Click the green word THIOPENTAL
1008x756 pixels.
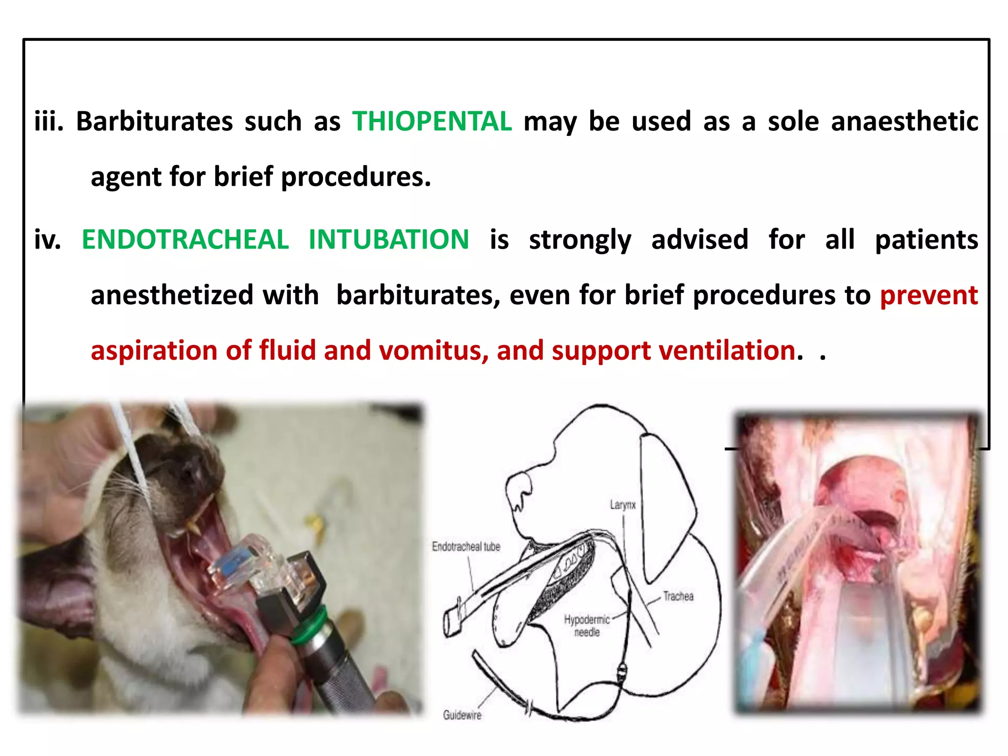[432, 121]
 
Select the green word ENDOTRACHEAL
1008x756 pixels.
[185, 240]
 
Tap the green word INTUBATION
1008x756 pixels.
[388, 240]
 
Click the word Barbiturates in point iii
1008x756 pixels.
[154, 121]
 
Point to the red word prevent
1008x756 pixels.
[928, 295]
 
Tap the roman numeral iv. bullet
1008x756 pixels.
[48, 240]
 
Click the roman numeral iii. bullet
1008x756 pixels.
[49, 121]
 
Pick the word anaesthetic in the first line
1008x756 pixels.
[904, 121]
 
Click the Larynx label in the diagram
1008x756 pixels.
[623, 505]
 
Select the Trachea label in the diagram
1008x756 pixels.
[678, 597]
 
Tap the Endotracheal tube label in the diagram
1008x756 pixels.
[466, 546]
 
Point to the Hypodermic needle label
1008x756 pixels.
[587, 626]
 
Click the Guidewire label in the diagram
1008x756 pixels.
[462, 715]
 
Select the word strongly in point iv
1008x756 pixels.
[580, 240]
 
